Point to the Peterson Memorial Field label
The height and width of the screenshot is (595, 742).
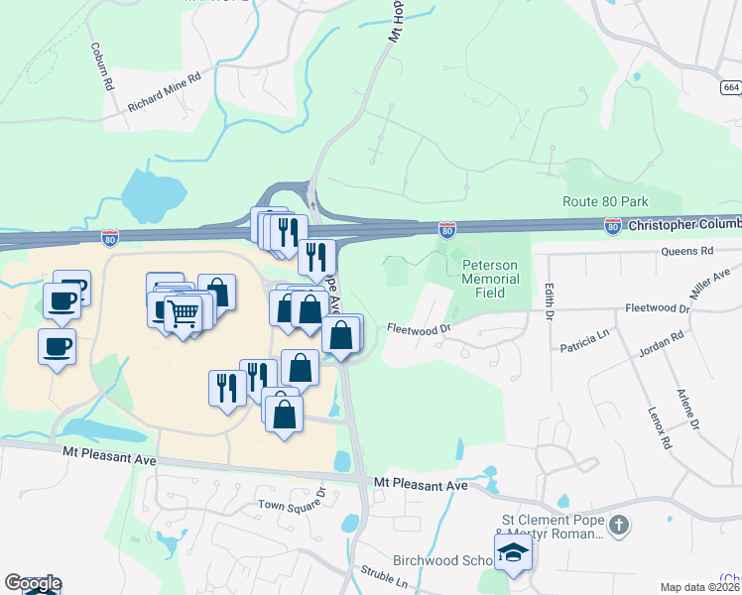pyautogui.click(x=491, y=272)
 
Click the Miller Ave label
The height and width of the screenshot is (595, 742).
pyautogui.click(x=708, y=285)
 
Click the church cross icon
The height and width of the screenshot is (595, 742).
pyautogui.click(x=618, y=524)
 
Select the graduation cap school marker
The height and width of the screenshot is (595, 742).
pyautogui.click(x=513, y=553)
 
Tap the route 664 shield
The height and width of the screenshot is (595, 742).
pyautogui.click(x=731, y=87)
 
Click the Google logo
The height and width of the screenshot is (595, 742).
pyautogui.click(x=33, y=583)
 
